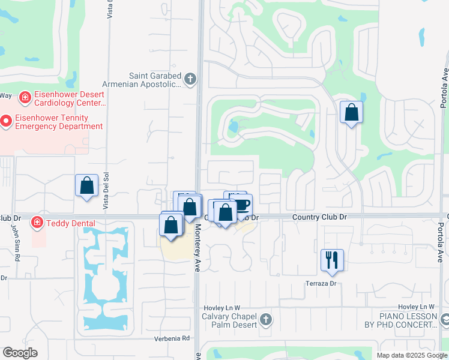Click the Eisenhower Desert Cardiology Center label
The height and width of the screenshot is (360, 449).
tap(69, 99)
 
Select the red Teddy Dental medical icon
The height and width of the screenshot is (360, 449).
tap(37, 223)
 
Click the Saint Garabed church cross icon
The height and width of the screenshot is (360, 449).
tap(190, 79)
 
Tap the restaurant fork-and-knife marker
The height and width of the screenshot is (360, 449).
tap(332, 260)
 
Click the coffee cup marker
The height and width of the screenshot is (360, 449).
tap(241, 205)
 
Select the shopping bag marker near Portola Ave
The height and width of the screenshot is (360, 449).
tap(351, 112)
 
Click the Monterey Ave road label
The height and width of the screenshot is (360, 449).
tap(196, 248)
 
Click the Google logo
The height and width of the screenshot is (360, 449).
tap(20, 353)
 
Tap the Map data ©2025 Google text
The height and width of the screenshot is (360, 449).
tap(412, 355)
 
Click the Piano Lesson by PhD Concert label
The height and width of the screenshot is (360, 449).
tap(408, 320)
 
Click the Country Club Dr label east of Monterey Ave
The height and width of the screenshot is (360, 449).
tap(321, 217)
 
